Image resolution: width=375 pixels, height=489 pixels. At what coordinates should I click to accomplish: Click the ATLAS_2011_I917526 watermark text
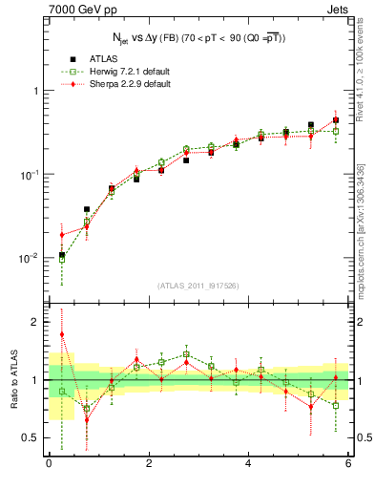(198, 285)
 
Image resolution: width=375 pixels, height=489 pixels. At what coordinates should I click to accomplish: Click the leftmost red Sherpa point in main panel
(62, 235)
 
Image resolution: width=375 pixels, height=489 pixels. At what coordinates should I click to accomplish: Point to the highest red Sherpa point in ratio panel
(62, 334)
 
